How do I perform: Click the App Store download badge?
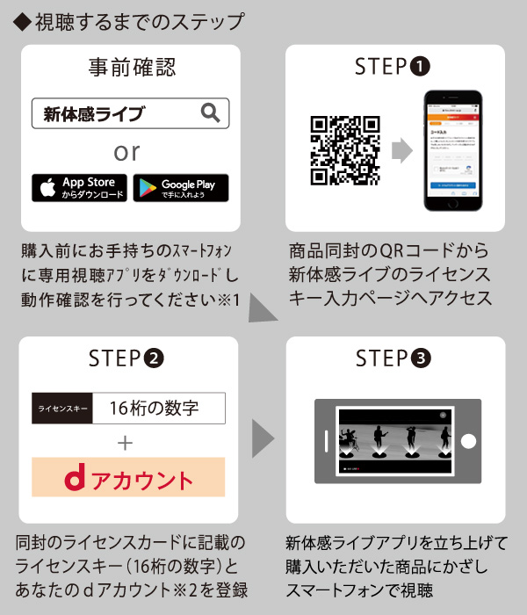pyautogui.click(x=80, y=187)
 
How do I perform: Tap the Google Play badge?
pyautogui.click(x=181, y=187)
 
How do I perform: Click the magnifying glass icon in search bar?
pyautogui.click(x=210, y=112)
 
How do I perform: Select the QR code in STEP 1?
pyautogui.click(x=345, y=150)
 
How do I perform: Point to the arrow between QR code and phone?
pyautogui.click(x=402, y=150)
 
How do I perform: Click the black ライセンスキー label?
pyautogui.click(x=61, y=409)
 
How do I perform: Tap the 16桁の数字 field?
pyautogui.click(x=158, y=409)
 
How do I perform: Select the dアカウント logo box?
pyautogui.click(x=128, y=479)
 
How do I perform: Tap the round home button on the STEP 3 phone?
pyautogui.click(x=469, y=442)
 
